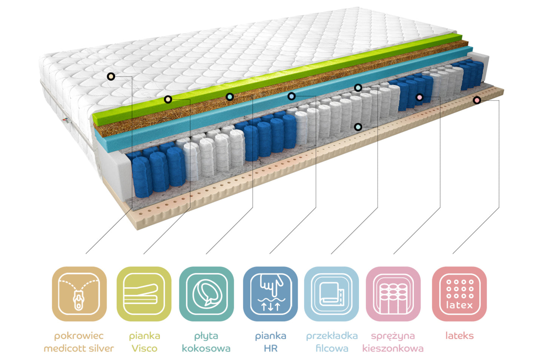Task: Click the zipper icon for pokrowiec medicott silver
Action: (x=79, y=294)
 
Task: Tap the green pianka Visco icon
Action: (x=144, y=294)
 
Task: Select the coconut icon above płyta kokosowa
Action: (x=206, y=294)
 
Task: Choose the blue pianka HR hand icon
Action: (x=270, y=294)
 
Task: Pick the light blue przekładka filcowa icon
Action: (x=332, y=294)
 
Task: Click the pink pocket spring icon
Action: (x=393, y=294)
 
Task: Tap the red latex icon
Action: (x=459, y=294)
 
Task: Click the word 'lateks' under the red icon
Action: (x=459, y=335)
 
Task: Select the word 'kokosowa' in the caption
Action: (x=206, y=348)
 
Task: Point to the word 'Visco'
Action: (x=144, y=348)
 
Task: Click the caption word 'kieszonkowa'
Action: (x=393, y=348)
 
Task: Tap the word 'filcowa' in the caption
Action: (x=332, y=348)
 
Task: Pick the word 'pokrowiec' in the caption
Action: (x=79, y=335)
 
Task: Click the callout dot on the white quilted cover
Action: (x=111, y=77)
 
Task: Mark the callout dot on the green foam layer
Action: (x=168, y=99)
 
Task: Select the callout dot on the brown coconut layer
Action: (x=230, y=97)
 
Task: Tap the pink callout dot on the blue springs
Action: (x=419, y=97)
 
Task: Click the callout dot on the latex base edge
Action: (x=477, y=100)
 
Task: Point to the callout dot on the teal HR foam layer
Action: (x=291, y=96)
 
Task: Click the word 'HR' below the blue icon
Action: (x=270, y=348)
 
